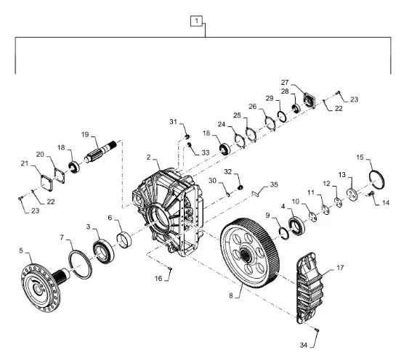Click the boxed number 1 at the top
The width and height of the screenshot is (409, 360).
[x=196, y=20]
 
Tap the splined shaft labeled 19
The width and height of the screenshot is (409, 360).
[x=100, y=152]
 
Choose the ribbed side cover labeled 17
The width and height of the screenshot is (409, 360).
[x=310, y=287]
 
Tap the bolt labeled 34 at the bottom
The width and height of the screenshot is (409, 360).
[x=317, y=330]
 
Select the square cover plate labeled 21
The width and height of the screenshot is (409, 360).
[x=46, y=183]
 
